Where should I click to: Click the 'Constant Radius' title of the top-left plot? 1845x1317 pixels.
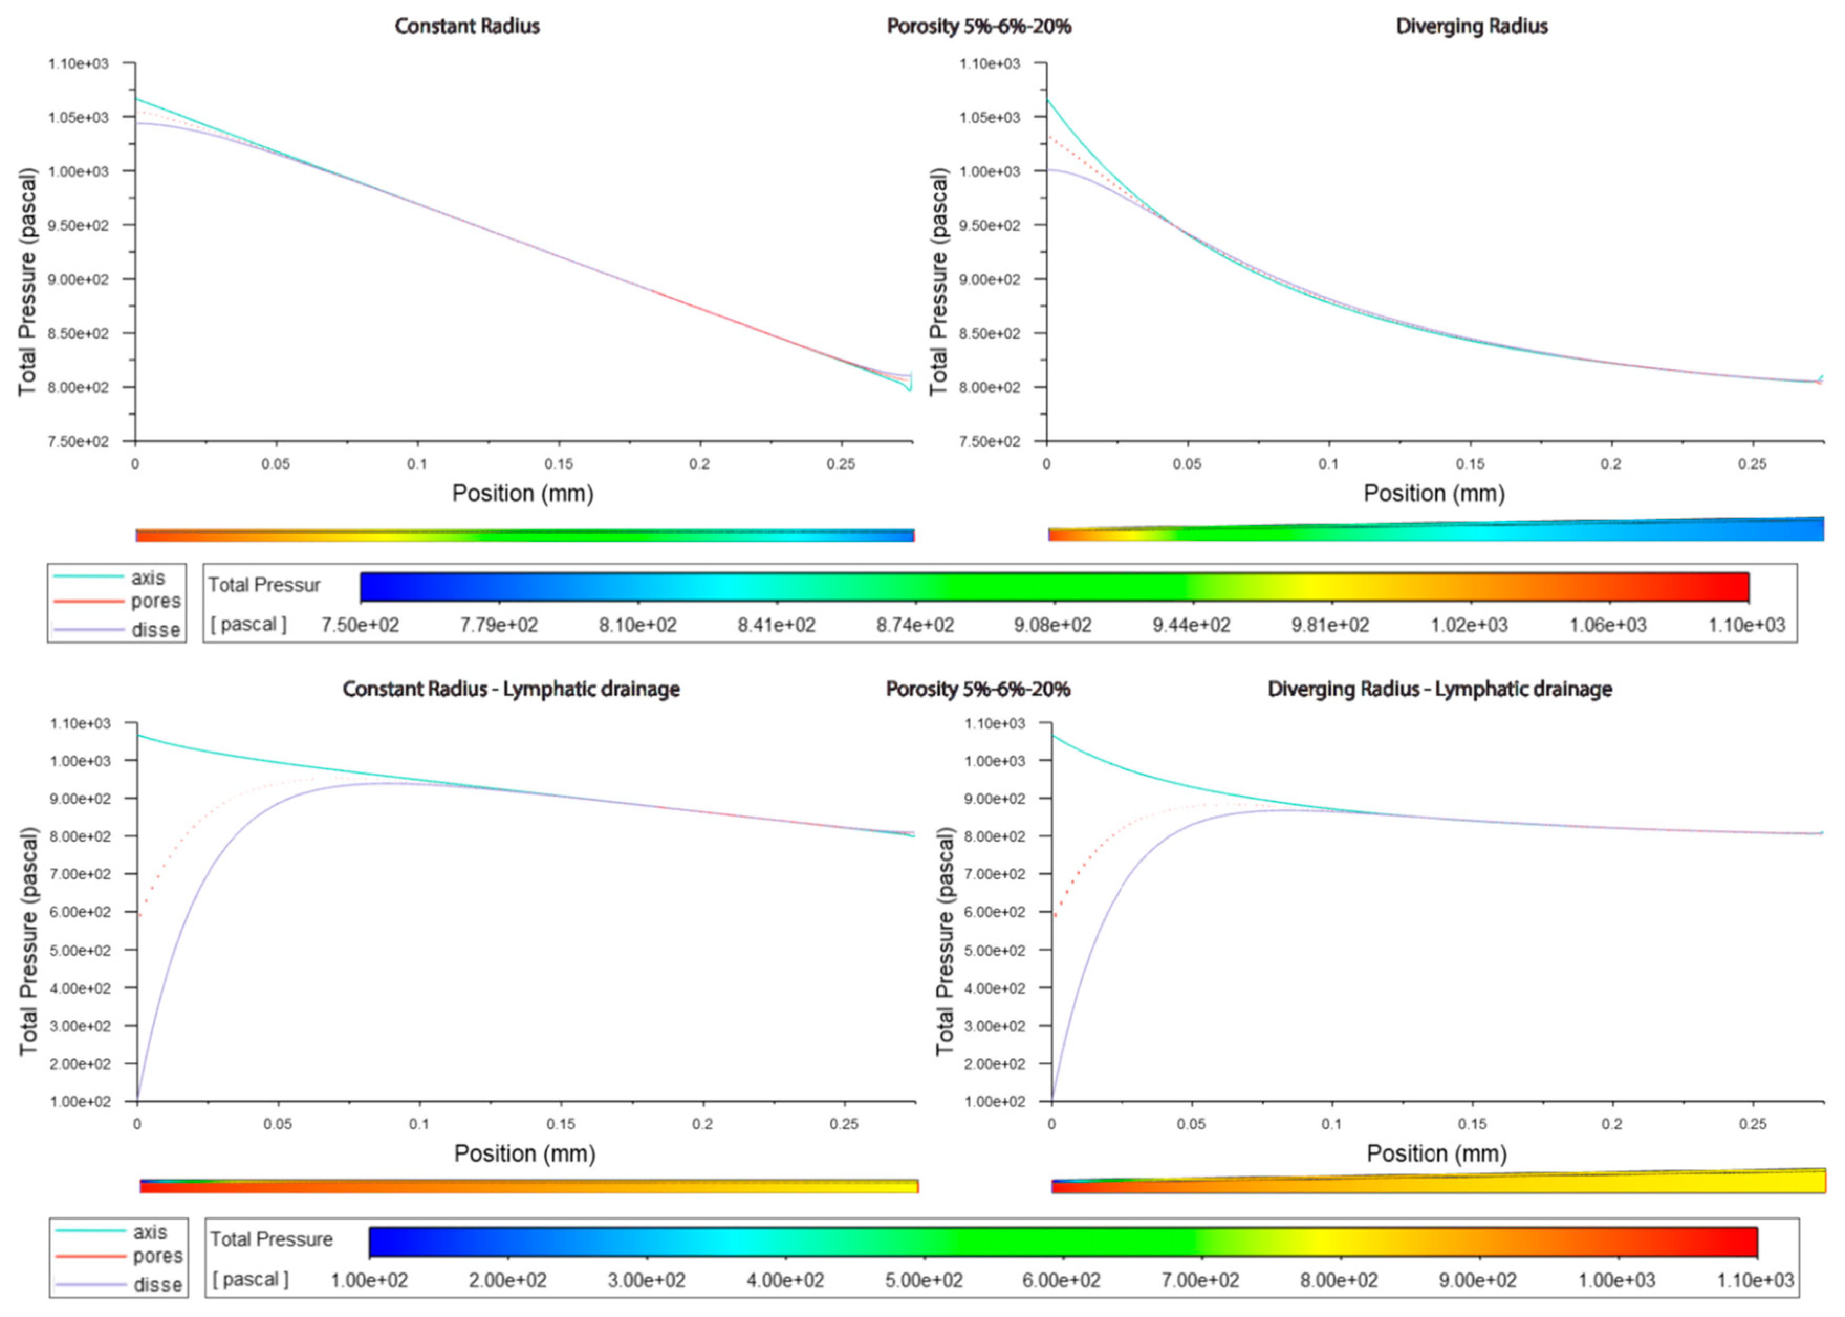467,27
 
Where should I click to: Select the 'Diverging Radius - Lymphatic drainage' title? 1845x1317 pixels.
1439,689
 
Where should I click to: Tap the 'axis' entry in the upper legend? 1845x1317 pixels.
148,578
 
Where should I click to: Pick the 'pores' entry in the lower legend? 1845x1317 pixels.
157,1256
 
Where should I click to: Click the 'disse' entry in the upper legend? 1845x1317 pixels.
156,630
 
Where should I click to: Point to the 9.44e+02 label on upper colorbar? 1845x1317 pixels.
1191,625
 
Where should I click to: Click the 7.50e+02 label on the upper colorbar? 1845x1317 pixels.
360,625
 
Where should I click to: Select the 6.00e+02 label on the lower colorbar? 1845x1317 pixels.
1061,1280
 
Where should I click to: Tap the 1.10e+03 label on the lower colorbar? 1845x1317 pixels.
1755,1280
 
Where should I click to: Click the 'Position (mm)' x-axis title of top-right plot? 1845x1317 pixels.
1434,493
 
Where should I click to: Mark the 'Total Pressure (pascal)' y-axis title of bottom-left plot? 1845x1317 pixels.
28,941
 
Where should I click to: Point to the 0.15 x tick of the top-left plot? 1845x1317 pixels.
559,464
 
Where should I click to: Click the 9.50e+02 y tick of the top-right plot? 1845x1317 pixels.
990,225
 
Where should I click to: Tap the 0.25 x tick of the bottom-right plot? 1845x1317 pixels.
1753,1125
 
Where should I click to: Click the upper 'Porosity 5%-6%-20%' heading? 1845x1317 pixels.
979,27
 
